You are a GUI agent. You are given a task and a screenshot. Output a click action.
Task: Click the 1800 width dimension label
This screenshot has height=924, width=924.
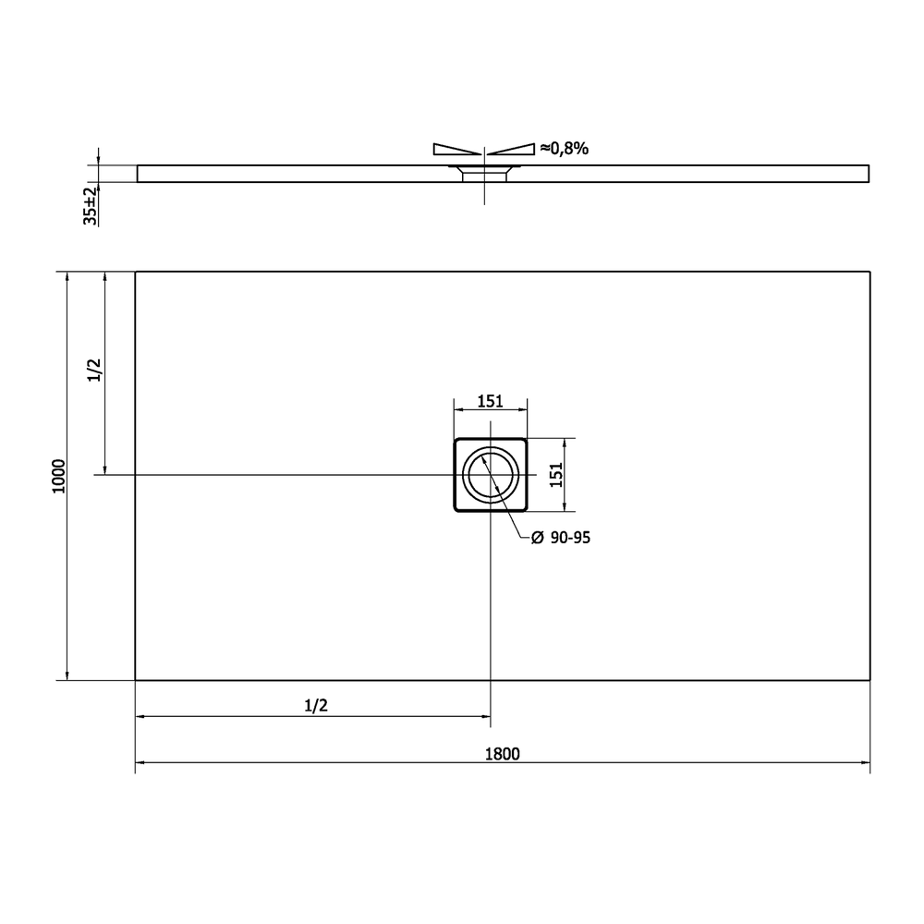coord(502,754)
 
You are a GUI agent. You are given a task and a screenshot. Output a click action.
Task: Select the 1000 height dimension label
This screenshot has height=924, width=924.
coord(59,476)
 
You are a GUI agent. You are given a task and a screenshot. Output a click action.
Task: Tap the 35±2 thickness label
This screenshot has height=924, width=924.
coord(90,206)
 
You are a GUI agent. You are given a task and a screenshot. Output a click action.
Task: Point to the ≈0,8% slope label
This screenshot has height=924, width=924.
coord(564,149)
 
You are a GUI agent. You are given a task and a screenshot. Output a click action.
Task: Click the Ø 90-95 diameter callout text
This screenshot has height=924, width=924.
coord(561,538)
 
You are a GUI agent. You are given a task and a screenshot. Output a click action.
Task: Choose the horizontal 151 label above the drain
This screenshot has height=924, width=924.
coord(491,401)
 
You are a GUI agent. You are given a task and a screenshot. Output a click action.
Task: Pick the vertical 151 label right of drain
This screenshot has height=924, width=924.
coord(556,475)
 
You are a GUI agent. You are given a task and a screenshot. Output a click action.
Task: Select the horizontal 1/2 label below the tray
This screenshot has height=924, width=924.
coord(316,705)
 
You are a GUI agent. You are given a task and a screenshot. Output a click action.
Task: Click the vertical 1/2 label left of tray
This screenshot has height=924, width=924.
coord(94,371)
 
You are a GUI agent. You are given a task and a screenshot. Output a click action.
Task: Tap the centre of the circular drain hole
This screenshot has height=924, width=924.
coord(491,474)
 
